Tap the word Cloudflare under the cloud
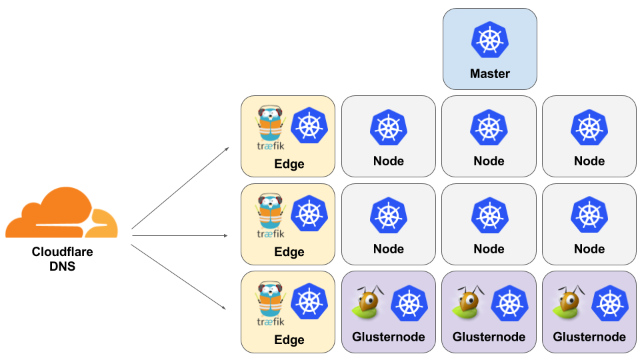tap(62, 253)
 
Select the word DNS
tap(62, 267)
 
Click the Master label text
tap(490, 74)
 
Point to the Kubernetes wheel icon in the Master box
tap(490, 39)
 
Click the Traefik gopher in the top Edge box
tap(270, 122)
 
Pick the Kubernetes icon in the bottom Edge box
tap(309, 301)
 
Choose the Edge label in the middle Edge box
tap(289, 252)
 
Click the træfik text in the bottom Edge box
tap(271, 323)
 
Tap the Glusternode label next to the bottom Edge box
tap(389, 337)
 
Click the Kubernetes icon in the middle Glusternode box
tap(509, 303)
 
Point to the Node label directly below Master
tap(489, 161)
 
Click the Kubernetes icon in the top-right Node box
tap(589, 127)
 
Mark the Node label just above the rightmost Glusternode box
tap(589, 249)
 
